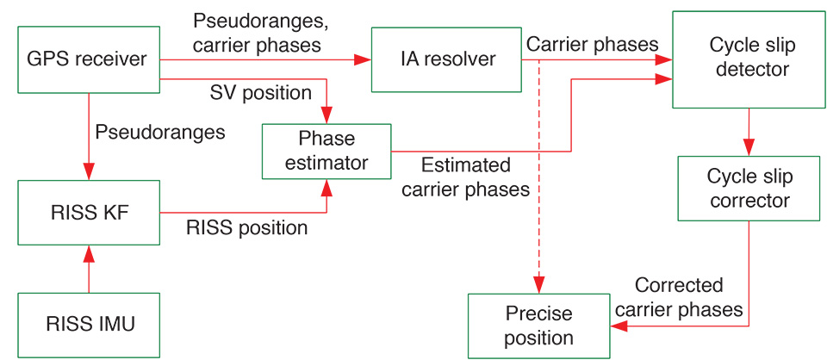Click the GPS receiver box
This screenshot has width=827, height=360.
89,59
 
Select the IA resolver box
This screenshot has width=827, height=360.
445,59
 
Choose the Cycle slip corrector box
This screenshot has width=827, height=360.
747,189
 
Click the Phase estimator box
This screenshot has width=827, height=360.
326,151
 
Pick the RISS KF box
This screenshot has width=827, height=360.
89,212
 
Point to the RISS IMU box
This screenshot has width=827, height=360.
89,325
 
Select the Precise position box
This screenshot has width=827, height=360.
539,326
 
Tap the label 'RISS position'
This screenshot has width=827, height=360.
246,228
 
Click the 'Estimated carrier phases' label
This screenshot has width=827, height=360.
465,177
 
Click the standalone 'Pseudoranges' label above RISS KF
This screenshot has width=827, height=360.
160,133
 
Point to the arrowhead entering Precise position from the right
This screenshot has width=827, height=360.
618,326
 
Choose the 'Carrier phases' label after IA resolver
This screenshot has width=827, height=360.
592,43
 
